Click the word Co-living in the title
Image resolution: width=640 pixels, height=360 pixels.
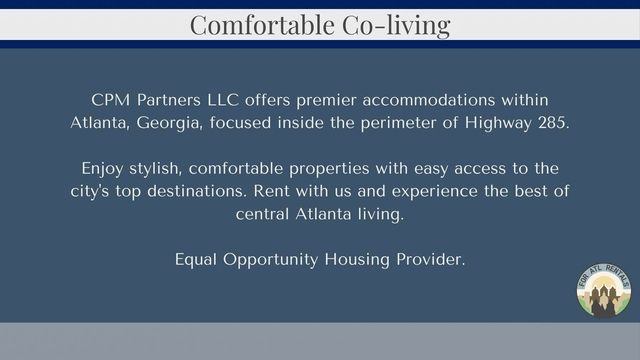[396, 25]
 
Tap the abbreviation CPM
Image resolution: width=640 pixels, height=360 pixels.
[111, 100]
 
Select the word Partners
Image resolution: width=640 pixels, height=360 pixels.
[169, 100]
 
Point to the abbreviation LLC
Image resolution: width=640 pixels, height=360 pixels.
[223, 100]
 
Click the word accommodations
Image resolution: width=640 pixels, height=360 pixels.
[429, 100]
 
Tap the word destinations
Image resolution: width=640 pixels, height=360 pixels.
[197, 191]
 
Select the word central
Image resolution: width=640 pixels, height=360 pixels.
[262, 214]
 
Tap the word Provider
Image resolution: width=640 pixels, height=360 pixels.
[431, 259]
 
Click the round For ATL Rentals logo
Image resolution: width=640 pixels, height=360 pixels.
[604, 290]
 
